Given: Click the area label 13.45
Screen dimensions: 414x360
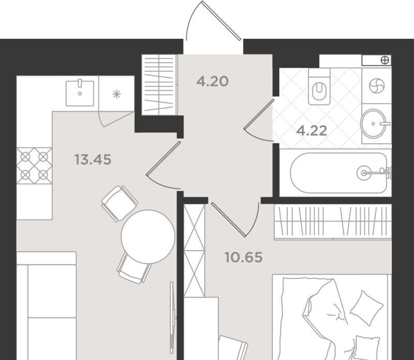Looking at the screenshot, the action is pyautogui.click(x=93, y=159).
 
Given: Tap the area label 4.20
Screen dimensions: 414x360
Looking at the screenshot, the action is pyautogui.click(x=212, y=81).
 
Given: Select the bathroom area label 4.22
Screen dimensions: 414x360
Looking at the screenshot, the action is pyautogui.click(x=312, y=131).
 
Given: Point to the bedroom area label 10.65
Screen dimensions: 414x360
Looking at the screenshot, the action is pyautogui.click(x=243, y=257).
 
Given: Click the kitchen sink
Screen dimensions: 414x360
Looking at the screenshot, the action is pyautogui.click(x=80, y=93).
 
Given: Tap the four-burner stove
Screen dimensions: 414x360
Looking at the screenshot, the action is pyautogui.click(x=34, y=166).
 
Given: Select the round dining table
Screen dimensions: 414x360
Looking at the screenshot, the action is pyautogui.click(x=148, y=237).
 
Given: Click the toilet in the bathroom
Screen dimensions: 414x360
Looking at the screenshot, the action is pyautogui.click(x=319, y=86).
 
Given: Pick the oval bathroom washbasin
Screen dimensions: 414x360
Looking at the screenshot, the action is pyautogui.click(x=373, y=124).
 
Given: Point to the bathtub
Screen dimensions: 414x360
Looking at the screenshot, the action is pyautogui.click(x=339, y=173).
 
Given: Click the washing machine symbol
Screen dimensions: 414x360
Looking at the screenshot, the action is pyautogui.click(x=377, y=86).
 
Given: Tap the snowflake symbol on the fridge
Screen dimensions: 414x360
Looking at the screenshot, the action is pyautogui.click(x=116, y=94).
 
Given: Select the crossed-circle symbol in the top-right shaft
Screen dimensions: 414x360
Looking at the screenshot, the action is pyautogui.click(x=385, y=61).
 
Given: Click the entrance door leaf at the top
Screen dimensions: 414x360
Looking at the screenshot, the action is pyautogui.click(x=221, y=21).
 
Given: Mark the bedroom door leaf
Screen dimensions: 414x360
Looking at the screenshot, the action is pyautogui.click(x=229, y=219).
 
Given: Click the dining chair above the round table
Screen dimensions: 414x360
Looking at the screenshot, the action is pyautogui.click(x=120, y=203).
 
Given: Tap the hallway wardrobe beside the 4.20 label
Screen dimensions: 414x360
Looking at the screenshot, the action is pyautogui.click(x=159, y=85).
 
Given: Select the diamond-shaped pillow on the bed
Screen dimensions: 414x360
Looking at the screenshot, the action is pyautogui.click(x=366, y=308).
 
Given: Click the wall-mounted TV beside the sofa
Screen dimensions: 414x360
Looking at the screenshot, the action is pyautogui.click(x=172, y=318).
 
